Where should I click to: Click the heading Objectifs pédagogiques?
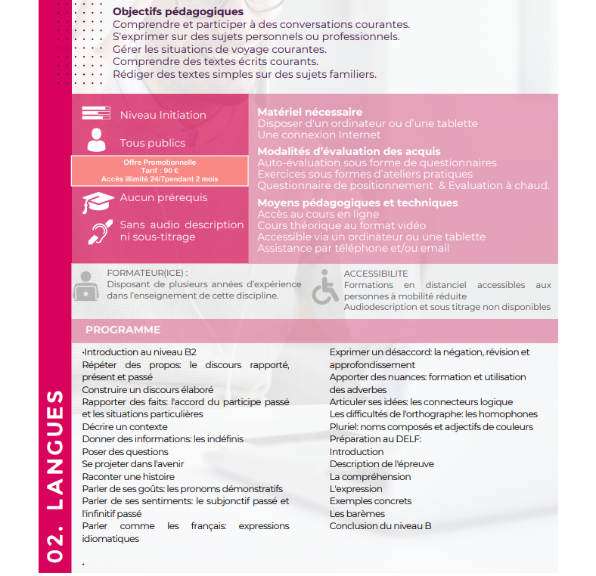point(178,11)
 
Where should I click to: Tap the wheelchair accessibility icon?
point(325,286)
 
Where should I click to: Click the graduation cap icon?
point(98,201)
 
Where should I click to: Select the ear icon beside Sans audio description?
point(98,231)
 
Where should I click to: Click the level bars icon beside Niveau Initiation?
point(96,114)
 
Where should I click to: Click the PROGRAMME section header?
point(123,330)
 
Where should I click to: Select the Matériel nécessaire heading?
point(309,112)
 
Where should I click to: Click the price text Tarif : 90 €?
point(160,171)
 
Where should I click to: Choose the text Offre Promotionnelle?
point(160,162)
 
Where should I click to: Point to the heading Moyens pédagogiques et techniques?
point(357,203)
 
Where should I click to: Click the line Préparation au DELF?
point(375,439)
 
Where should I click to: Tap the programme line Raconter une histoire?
point(128,477)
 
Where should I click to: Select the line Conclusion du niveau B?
point(380,526)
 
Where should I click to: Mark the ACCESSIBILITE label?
point(375,273)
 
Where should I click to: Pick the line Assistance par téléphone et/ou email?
point(353,248)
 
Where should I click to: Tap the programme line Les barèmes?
point(357,514)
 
